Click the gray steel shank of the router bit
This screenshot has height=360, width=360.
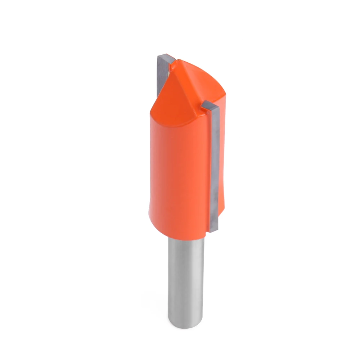tap(186, 281)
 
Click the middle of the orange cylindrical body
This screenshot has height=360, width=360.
tap(178, 169)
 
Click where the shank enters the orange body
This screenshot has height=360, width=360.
tap(186, 238)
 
